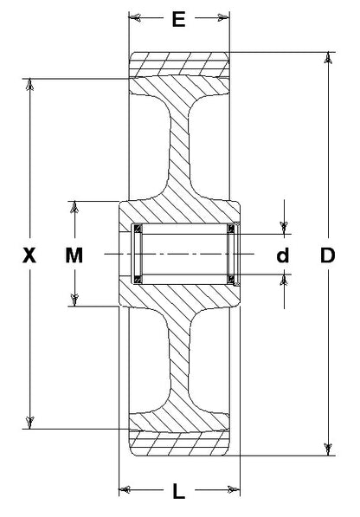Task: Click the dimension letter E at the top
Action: click(x=179, y=19)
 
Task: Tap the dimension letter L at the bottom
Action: click(x=179, y=491)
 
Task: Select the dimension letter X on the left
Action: click(x=29, y=255)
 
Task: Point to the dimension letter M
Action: click(x=74, y=255)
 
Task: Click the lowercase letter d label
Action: click(x=283, y=255)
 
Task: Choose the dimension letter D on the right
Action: click(x=327, y=255)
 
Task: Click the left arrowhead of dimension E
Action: click(x=135, y=17)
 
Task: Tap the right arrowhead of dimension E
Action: click(x=223, y=17)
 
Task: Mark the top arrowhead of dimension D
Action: click(x=328, y=58)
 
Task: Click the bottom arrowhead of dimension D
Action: click(x=328, y=449)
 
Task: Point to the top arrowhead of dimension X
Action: click(x=30, y=84)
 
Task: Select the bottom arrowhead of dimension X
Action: click(x=30, y=423)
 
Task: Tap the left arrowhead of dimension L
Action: click(x=125, y=489)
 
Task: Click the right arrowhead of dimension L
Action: click(x=234, y=489)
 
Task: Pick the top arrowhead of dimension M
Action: click(x=74, y=207)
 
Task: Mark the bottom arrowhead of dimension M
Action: click(x=74, y=300)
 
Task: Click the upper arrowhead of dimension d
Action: click(x=284, y=228)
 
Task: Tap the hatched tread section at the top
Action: click(x=179, y=64)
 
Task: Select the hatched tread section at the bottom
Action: click(x=179, y=443)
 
